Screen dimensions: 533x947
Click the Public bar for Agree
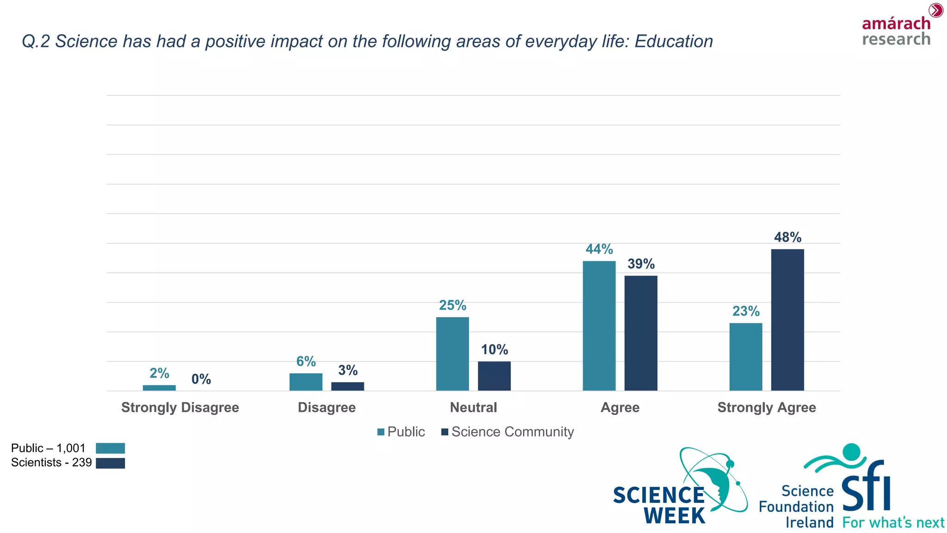click(599, 326)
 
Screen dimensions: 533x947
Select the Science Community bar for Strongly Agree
click(787, 320)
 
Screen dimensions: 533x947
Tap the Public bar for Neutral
click(452, 354)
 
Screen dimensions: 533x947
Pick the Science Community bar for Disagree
click(347, 386)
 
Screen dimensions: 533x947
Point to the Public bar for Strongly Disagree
click(159, 388)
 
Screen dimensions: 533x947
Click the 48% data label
click(787, 237)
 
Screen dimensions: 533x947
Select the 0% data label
click(201, 379)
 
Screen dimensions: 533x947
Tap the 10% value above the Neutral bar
click(494, 350)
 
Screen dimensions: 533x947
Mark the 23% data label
click(745, 311)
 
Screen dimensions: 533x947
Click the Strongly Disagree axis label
click(180, 408)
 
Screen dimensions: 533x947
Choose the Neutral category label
click(473, 408)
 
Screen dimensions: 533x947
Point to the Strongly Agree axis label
click(766, 408)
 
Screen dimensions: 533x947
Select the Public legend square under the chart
click(381, 432)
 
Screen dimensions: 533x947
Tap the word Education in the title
click(673, 42)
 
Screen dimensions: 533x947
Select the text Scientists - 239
click(51, 463)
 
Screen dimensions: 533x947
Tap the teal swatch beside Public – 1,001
click(110, 448)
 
